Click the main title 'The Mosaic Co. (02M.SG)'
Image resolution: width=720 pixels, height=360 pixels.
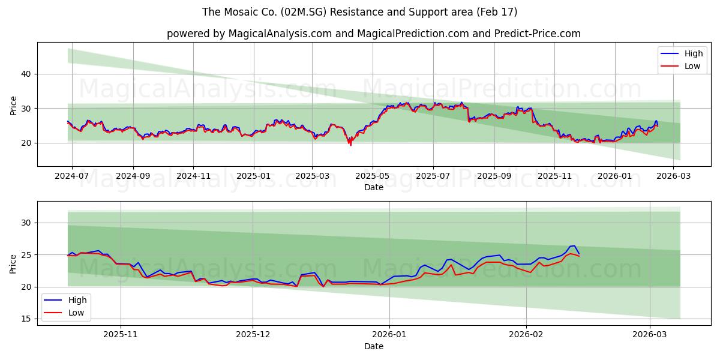359,12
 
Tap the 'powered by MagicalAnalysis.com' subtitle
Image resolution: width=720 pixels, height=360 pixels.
373,34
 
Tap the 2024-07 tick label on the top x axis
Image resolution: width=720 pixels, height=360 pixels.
72,176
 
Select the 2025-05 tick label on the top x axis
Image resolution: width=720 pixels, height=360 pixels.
373,176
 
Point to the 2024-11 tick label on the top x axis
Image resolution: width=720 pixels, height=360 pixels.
193,176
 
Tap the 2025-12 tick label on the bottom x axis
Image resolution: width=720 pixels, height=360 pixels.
253,335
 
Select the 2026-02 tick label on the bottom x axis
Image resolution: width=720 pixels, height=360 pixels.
526,335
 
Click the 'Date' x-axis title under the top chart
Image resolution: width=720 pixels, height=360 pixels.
373,188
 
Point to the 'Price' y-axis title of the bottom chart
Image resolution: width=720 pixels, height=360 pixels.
13,263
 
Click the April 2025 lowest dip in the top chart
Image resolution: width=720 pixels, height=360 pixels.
350,145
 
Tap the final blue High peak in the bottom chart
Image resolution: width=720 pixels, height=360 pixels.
574,245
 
